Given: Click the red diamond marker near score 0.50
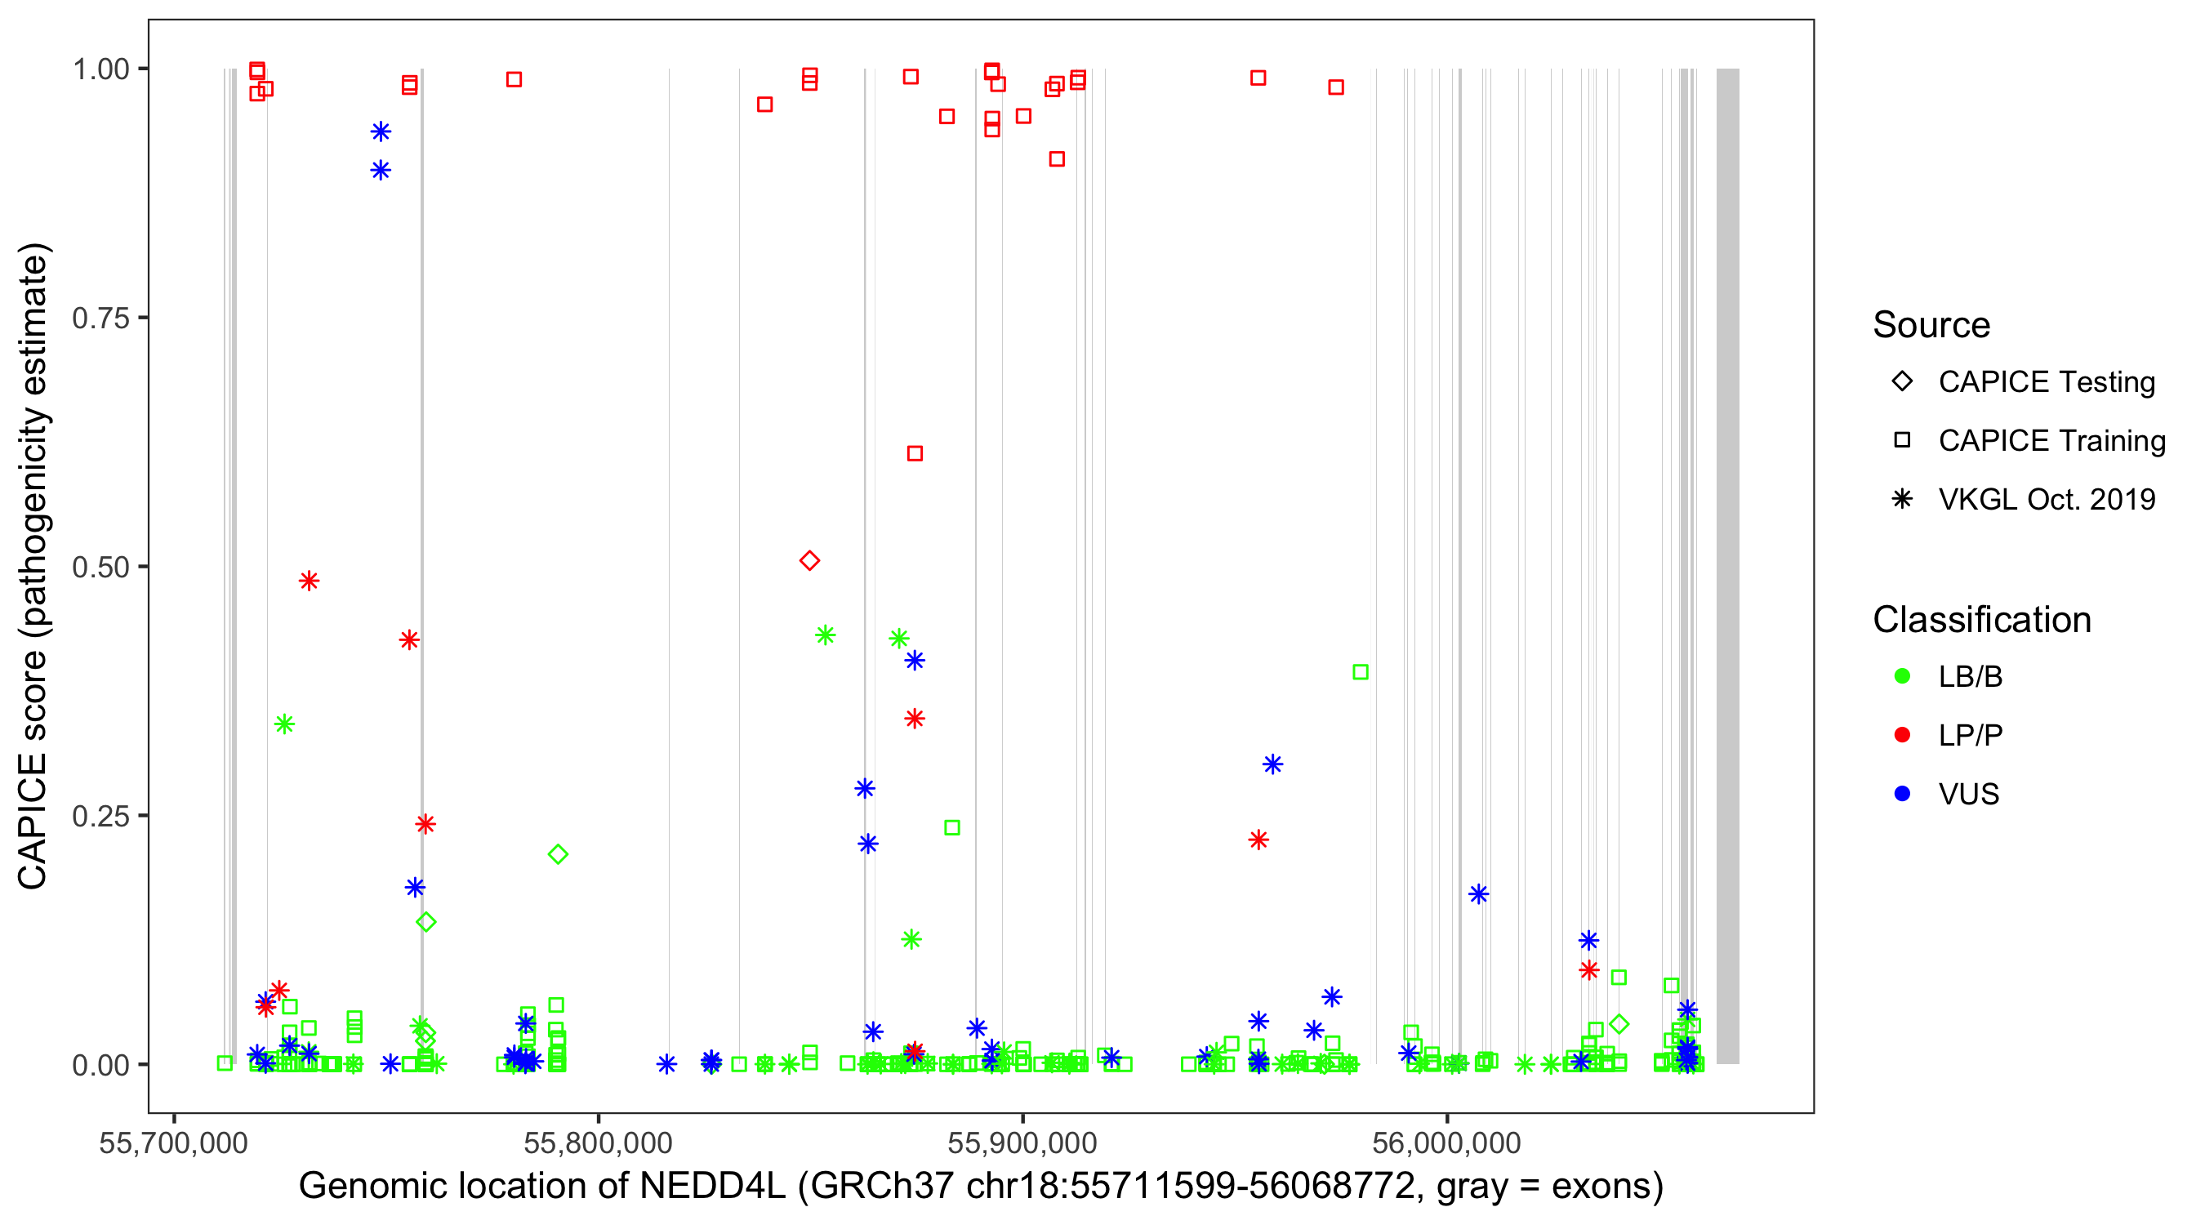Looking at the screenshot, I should point(808,561).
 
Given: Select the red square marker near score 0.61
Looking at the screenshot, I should point(914,453).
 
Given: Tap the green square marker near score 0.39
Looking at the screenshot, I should point(1360,672).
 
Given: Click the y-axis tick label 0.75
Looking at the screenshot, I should point(100,318).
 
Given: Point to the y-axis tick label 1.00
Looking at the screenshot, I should point(100,69).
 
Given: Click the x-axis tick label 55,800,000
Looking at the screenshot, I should point(598,1143).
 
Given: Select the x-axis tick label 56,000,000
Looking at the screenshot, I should point(1446,1143).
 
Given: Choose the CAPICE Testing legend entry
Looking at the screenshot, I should point(2046,382).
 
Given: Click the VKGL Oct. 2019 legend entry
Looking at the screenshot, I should point(2046,499).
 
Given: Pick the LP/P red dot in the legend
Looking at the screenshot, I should point(1902,735).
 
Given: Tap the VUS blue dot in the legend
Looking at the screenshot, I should point(1902,794).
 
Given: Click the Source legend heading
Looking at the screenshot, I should point(1931,325).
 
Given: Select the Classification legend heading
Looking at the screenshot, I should point(1981,620).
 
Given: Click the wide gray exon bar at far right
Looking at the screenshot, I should point(1727,565).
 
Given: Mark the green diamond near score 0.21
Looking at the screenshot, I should point(557,853).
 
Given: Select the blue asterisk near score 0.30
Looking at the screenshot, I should point(1272,764).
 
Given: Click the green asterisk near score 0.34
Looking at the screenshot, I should point(284,724).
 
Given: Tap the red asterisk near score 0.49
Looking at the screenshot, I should point(309,581).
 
